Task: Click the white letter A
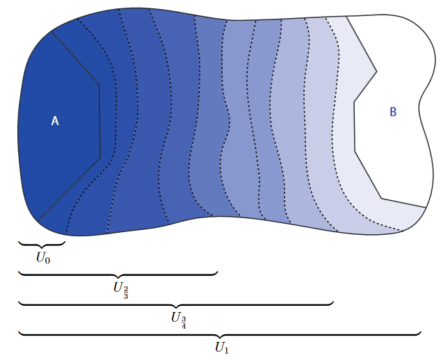(x=55, y=121)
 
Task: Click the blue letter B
(x=393, y=112)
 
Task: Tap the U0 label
(x=43, y=258)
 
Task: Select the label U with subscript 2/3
(x=121, y=290)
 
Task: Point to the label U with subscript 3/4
(x=179, y=320)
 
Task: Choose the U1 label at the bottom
(x=222, y=347)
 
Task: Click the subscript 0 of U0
(x=47, y=261)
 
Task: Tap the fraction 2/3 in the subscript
(x=126, y=293)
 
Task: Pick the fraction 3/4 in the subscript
(x=184, y=323)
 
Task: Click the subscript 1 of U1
(x=227, y=350)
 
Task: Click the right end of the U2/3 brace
(x=218, y=272)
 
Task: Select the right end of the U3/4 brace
(x=333, y=302)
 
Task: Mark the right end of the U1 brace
(x=421, y=332)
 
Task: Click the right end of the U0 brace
(x=65, y=241)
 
